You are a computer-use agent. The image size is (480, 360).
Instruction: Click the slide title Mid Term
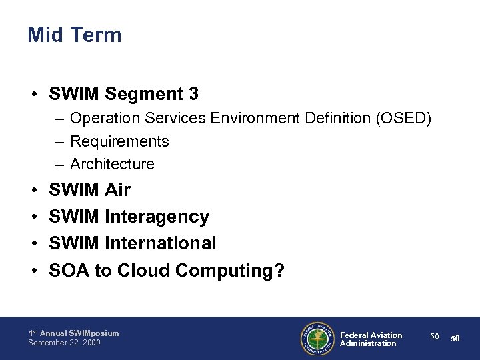75,35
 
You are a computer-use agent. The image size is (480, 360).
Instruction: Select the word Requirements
119,141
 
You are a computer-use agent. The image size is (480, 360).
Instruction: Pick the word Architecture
112,164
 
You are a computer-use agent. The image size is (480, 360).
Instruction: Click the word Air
117,191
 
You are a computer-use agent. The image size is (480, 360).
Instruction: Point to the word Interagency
157,217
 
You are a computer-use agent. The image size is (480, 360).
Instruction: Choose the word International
161,243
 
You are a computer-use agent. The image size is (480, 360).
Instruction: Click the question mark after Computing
279,270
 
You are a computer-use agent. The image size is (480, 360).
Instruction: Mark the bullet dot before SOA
33,271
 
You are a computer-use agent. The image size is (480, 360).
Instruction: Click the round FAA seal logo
317,338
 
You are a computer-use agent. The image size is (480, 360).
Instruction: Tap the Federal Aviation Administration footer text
371,339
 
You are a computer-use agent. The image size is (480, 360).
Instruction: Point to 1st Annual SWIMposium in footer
73,333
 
